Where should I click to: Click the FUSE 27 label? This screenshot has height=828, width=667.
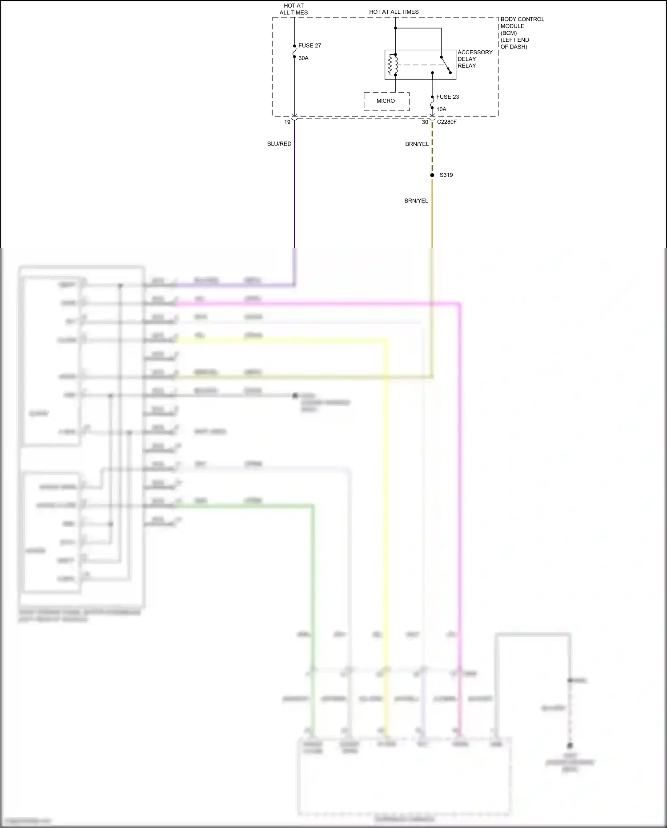pos(309,45)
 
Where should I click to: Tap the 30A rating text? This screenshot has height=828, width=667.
pos(303,58)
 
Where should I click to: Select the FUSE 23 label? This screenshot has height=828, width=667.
pos(447,97)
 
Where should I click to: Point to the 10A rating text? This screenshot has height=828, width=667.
pos(441,109)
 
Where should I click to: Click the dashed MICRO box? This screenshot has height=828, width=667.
pos(386,101)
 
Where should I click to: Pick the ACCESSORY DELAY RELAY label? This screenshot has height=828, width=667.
pos(474,59)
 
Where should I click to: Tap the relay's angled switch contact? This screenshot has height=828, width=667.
pos(446,65)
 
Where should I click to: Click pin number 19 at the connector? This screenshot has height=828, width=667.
pos(287,122)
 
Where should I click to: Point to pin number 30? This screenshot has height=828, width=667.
pos(425,122)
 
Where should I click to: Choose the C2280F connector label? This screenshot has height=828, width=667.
pos(446,122)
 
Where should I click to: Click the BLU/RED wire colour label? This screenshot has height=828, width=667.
pos(279,144)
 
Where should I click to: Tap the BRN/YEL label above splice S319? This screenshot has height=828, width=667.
pos(417,144)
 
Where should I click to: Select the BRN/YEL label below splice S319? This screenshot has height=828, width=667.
pos(416,201)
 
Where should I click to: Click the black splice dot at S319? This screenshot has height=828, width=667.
pos(432,175)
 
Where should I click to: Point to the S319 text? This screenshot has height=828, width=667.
pos(446,175)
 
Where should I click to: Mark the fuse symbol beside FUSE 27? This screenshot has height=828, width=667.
pos(294,52)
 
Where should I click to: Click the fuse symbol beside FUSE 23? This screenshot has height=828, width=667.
pos(432,103)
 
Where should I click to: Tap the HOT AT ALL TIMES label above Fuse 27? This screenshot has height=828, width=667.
pos(293,9)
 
